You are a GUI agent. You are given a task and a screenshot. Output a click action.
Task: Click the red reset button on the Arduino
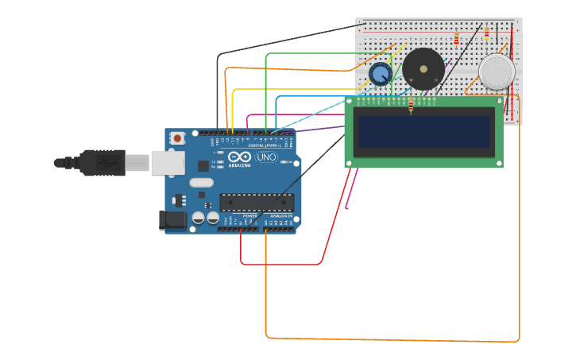[177, 137]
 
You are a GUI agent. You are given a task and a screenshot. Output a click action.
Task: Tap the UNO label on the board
[266, 157]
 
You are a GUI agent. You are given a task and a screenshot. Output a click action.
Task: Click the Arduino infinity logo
[239, 156]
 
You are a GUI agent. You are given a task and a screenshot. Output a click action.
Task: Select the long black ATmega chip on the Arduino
[257, 203]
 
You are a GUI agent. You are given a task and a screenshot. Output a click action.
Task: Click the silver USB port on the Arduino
[168, 163]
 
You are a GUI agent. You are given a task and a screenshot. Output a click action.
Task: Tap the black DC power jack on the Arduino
[172, 221]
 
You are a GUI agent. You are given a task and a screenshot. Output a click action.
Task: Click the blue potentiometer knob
[380, 74]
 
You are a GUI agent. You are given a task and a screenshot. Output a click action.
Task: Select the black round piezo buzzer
[423, 69]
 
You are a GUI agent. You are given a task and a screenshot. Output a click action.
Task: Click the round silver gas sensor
[497, 72]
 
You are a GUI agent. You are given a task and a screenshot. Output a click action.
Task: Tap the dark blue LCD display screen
[424, 132]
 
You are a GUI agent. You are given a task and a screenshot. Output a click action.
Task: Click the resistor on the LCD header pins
[411, 106]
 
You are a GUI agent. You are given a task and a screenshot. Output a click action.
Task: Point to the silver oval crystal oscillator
[202, 183]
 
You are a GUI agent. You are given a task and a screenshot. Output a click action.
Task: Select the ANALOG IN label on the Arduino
[280, 215]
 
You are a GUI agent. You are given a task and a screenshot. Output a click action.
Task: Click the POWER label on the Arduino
[249, 215]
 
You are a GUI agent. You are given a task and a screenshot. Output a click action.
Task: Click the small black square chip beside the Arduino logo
[203, 165]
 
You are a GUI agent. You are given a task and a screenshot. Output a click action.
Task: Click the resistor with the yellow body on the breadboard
[456, 38]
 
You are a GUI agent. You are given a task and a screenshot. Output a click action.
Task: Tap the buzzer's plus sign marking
[411, 80]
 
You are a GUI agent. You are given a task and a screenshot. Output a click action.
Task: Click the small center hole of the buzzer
[423, 68]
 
